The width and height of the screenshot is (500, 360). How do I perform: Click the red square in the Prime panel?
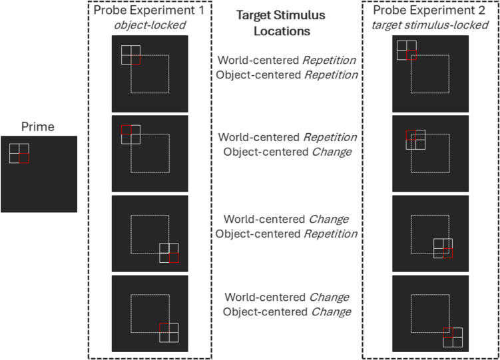(24, 158)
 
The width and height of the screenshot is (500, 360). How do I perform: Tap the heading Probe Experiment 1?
(150, 10)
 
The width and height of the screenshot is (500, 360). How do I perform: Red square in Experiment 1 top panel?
(136, 60)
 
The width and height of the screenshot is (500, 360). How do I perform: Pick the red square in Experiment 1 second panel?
(126, 129)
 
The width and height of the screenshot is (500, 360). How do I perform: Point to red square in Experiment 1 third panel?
(174, 258)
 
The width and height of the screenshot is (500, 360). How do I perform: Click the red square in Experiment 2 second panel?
(411, 135)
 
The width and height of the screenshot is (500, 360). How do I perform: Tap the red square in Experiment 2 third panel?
(448, 253)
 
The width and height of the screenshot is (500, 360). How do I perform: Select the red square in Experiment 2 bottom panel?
(448, 332)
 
